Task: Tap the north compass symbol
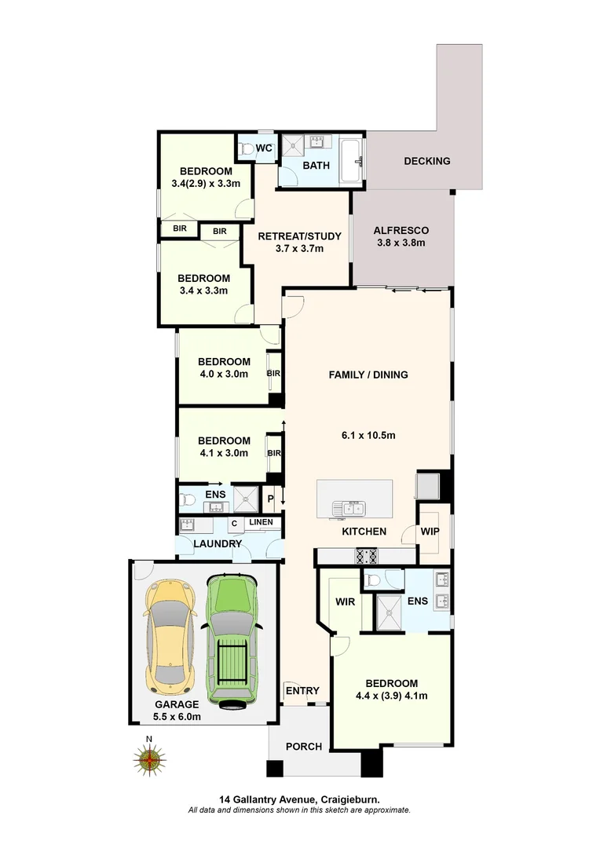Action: click(149, 758)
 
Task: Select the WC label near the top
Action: click(264, 148)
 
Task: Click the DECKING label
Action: click(427, 161)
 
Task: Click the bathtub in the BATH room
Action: click(351, 161)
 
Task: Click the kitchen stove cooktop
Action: click(368, 556)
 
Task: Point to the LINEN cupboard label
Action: click(262, 522)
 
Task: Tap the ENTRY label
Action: click(302, 691)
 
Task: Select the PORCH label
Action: click(302, 746)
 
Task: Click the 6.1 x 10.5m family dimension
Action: click(368, 436)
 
